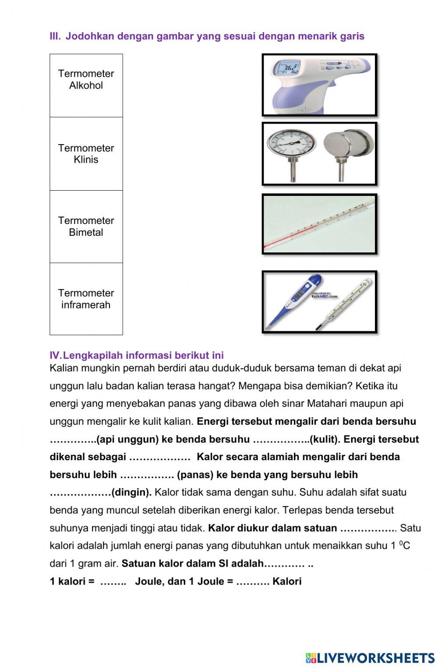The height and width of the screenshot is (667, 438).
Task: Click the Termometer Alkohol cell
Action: click(86, 85)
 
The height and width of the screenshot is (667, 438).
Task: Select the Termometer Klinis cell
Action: click(86, 154)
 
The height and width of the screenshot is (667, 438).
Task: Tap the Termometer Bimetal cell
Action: click(86, 227)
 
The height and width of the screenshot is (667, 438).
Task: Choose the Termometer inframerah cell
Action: click(86, 299)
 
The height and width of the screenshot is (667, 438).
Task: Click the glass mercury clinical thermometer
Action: click(346, 302)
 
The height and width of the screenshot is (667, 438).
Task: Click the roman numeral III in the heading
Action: click(55, 36)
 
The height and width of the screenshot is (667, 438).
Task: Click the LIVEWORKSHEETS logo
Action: click(370, 657)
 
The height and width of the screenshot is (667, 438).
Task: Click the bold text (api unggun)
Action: click(127, 439)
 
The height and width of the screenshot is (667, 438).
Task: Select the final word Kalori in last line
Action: click(287, 582)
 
